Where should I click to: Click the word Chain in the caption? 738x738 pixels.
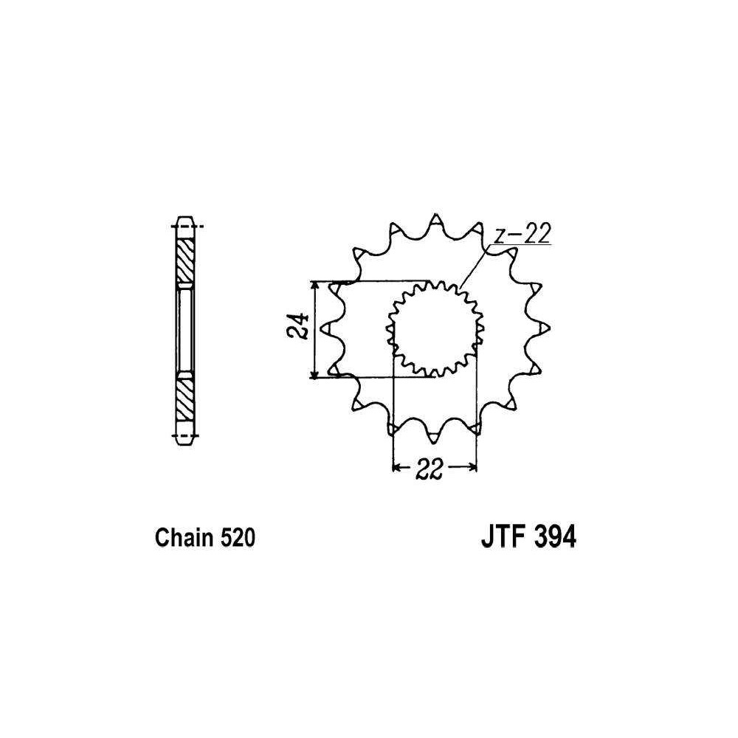[x=183, y=538]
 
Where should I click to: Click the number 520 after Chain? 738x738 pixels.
[x=237, y=538]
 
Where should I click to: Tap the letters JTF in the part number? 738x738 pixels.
[x=500, y=537]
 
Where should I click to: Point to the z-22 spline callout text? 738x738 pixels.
[x=522, y=234]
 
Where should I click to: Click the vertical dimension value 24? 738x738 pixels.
[x=298, y=325]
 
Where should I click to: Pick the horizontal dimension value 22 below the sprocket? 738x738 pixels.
[x=430, y=469]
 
